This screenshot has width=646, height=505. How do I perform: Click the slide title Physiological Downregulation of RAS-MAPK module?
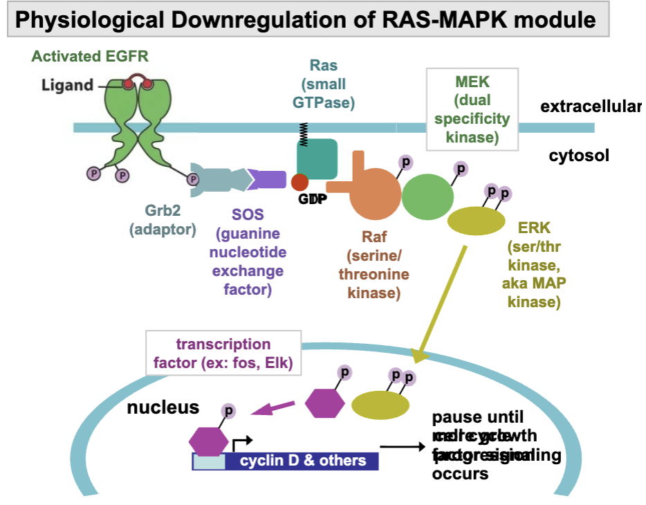pos(305,19)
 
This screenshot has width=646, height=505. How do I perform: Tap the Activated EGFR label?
pos(90,56)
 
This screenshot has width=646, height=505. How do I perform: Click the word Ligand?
pos(67,86)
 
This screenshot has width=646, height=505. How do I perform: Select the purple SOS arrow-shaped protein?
pos(267,180)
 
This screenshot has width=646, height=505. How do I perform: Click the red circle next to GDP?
pos(299,183)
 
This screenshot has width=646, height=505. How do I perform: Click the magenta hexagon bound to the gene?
pos(208,439)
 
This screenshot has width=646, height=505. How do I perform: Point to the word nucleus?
pos(163,407)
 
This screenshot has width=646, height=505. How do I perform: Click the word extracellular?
pos(591,107)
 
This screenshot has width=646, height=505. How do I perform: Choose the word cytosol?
pos(579,155)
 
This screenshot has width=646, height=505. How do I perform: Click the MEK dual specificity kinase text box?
pos(472,109)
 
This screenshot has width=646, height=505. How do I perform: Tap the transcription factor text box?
pos(223,353)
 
